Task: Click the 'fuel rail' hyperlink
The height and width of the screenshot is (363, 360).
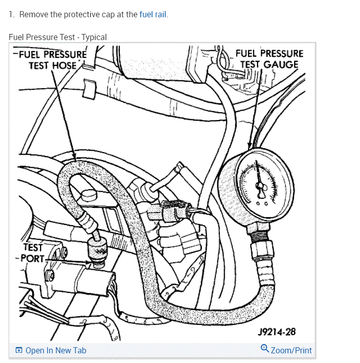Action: [x=153, y=14]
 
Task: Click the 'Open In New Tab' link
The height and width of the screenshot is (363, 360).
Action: [x=56, y=350]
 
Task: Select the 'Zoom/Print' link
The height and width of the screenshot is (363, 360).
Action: [x=291, y=350]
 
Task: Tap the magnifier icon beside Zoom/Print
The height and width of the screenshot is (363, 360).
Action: [x=265, y=349]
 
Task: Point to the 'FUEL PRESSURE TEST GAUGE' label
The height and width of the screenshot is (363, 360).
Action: [x=269, y=59]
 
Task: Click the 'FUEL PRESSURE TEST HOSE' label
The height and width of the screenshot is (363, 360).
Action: [x=51, y=60]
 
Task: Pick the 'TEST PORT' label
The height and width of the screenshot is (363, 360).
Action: [x=32, y=252]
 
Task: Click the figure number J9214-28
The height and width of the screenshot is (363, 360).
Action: [x=276, y=332]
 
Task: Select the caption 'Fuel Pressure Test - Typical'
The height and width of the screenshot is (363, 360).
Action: [x=58, y=37]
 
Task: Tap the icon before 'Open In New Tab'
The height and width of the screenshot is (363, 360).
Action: [x=19, y=350]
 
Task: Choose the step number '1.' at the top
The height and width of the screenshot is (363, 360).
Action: [x=12, y=14]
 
